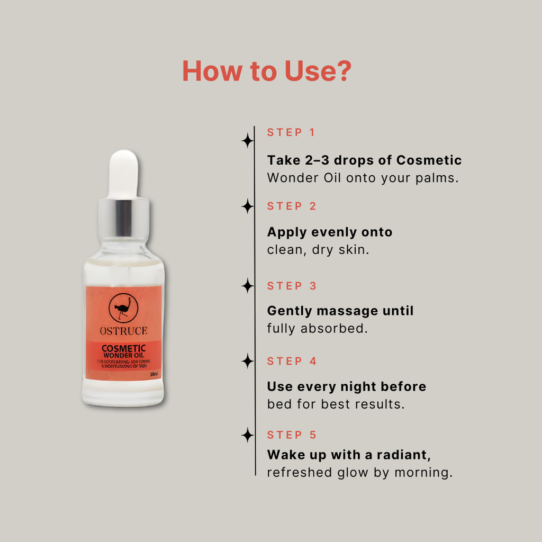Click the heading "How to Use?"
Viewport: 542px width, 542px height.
tap(266, 71)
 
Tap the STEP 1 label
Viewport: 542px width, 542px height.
tap(291, 132)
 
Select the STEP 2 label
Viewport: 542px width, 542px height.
tap(292, 206)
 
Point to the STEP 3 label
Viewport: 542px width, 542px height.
tap(292, 286)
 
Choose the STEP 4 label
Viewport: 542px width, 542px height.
tap(292, 362)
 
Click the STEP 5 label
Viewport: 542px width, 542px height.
tap(292, 435)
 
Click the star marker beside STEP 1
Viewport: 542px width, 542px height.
tap(247, 141)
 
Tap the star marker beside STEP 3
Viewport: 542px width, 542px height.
tap(247, 286)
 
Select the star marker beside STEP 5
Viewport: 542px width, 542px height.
tap(247, 435)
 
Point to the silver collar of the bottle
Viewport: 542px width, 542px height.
tap(123, 218)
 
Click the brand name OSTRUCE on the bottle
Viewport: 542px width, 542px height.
tap(123, 331)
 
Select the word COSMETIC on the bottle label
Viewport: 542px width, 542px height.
tap(123, 348)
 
